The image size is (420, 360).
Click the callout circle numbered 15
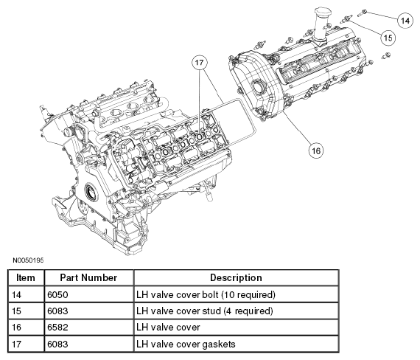pyautogui.click(x=388, y=36)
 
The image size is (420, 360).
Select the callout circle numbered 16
pyautogui.click(x=315, y=150)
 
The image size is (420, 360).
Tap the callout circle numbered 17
pyautogui.click(x=199, y=63)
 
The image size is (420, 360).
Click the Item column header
pyautogui.click(x=26, y=277)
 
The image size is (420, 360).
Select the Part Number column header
pyautogui.click(x=88, y=277)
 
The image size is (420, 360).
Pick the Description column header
pyautogui.click(x=236, y=277)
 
